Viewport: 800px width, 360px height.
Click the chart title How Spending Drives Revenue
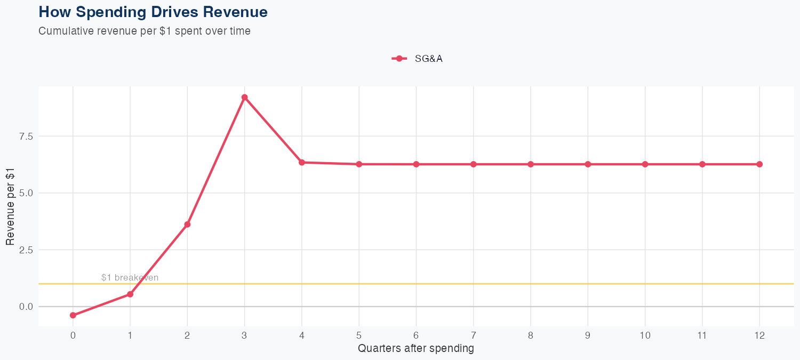[153, 12]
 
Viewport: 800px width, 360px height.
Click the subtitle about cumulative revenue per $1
[145, 31]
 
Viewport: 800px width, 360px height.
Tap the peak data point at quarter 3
[244, 98]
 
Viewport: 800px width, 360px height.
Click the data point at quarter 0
[73, 315]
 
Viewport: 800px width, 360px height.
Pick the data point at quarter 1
[130, 294]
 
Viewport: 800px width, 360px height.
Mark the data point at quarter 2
[187, 225]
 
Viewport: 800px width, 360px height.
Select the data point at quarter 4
[302, 162]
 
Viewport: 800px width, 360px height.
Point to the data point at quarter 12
[759, 164]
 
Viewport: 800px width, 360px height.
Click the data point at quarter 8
[531, 164]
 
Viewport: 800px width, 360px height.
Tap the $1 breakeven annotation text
[130, 278]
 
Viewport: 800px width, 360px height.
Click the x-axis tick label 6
[416, 335]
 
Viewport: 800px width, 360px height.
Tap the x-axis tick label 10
[645, 335]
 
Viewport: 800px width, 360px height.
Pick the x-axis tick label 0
[73, 335]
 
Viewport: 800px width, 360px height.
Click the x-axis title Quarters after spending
[416, 349]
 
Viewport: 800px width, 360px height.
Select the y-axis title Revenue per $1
[10, 206]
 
